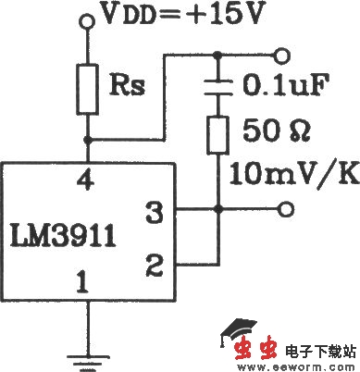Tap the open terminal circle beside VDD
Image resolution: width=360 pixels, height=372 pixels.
coord(89,18)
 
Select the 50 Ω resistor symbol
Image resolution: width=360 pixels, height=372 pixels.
coord(218,135)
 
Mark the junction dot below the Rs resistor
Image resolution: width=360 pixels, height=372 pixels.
coord(89,139)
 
